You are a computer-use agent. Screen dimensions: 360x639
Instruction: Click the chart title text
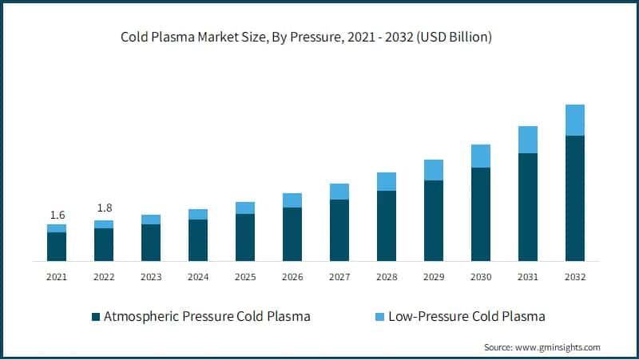pos(306,37)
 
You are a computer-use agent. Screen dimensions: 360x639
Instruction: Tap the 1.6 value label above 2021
pos(57,215)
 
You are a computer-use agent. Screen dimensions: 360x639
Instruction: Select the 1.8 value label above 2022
pos(104,208)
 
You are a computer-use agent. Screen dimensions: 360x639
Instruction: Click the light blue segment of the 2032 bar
pos(575,121)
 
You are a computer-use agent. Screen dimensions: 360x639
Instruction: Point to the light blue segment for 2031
pos(528,140)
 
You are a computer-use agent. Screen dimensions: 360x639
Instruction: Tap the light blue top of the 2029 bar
pos(434,170)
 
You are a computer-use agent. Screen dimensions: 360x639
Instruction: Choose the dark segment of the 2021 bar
pos(57,247)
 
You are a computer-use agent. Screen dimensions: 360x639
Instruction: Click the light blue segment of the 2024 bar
pos(198,214)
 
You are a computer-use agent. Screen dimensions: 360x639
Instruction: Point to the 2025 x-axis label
pos(245,277)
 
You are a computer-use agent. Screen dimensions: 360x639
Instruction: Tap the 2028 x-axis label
pos(387,277)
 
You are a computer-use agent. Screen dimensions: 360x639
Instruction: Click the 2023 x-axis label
pos(151,277)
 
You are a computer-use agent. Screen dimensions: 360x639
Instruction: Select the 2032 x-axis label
pos(575,277)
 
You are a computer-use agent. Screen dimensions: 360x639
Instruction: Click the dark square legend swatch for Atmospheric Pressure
pos(96,317)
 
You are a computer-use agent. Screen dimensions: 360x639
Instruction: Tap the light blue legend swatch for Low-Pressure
pos(379,317)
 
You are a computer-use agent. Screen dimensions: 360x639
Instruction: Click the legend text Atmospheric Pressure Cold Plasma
pos(207,317)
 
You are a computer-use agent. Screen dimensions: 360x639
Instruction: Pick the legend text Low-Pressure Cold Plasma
pos(466,317)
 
